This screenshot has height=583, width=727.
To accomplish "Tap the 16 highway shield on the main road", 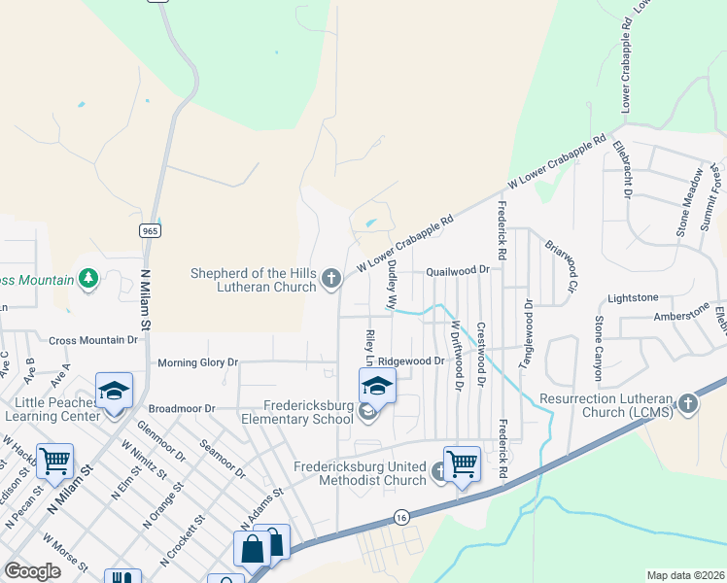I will click(401, 520).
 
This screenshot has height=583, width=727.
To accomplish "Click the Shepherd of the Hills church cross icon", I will click(331, 280).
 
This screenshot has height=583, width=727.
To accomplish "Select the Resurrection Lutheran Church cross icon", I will click(688, 404).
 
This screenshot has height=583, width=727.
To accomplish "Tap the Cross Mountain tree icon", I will click(89, 280).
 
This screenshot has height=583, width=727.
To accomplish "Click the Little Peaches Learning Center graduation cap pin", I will click(114, 392).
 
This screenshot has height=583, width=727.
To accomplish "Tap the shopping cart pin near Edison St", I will click(55, 461).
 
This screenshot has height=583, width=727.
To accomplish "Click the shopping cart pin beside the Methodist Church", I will click(462, 463).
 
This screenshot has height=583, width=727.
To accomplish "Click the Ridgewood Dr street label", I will click(411, 360).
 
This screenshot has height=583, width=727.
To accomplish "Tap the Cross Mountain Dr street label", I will click(93, 341).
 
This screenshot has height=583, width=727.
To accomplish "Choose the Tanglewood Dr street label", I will click(529, 330).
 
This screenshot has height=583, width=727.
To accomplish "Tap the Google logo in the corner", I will click(32, 570).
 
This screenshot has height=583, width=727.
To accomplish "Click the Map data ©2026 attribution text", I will click(685, 575).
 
